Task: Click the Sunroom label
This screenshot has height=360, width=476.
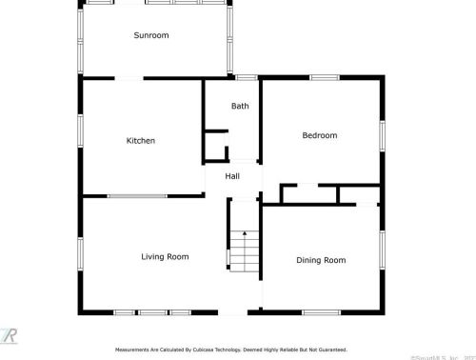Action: [150, 36]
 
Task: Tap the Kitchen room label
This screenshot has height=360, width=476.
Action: [141, 141]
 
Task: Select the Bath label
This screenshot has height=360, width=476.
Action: [240, 106]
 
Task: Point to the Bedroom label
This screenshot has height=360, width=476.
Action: [320, 135]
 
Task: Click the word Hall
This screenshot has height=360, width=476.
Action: [232, 176]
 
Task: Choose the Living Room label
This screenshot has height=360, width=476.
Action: [165, 256]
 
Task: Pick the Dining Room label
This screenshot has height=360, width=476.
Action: [321, 260]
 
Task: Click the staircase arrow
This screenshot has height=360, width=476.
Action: [244, 232]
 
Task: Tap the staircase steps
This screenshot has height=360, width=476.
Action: [246, 252]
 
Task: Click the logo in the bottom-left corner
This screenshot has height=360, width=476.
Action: [10, 335]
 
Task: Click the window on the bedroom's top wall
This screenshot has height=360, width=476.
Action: [324, 77]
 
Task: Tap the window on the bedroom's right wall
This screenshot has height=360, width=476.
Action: [383, 135]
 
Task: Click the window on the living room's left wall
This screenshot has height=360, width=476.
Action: [80, 252]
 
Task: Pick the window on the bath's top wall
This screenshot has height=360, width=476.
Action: [246, 77]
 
